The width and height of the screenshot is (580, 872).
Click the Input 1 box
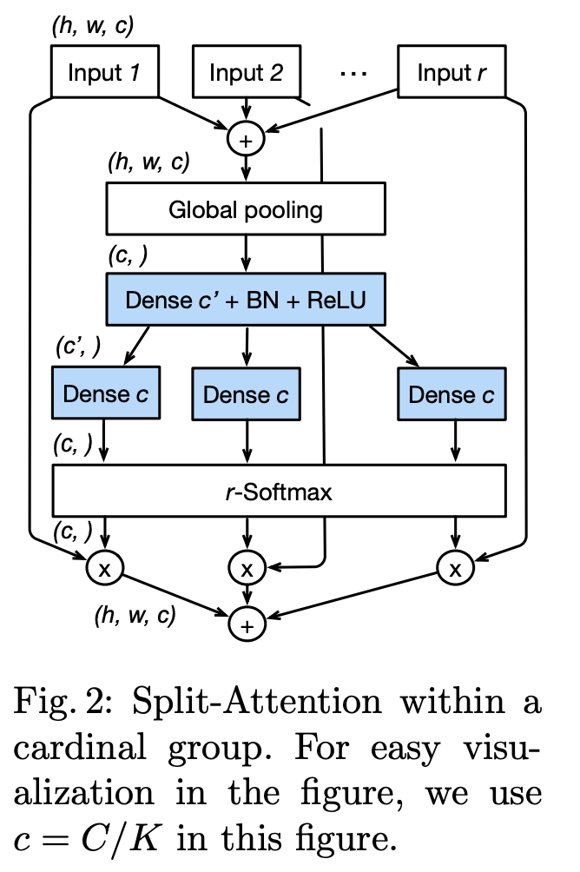(105, 71)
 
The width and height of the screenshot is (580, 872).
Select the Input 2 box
(246, 71)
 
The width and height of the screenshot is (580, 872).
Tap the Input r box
(451, 71)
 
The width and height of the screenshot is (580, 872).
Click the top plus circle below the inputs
(246, 138)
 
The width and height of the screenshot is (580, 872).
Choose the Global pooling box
(246, 208)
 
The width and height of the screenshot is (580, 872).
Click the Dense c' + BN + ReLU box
(246, 300)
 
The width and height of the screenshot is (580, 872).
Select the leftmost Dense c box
(105, 393)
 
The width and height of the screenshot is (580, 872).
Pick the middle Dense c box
(246, 395)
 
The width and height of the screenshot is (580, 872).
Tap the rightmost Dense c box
(451, 395)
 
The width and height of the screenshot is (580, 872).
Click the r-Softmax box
(280, 492)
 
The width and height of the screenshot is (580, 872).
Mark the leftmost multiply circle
(105, 568)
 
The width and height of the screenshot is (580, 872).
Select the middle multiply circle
(246, 569)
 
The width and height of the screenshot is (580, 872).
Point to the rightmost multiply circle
(452, 568)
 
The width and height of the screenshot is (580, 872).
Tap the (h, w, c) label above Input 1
(92, 26)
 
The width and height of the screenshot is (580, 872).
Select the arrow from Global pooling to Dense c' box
(246, 253)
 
